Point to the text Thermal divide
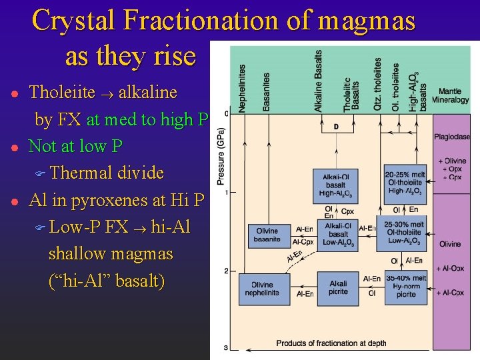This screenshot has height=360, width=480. pos(106,173)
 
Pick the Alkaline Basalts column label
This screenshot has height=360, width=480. pos(319,81)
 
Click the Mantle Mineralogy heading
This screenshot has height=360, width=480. pos(451,95)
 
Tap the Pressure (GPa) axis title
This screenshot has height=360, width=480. pos(221,157)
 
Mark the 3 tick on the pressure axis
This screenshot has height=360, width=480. pos(226,347)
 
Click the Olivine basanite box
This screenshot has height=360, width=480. pos(267,235)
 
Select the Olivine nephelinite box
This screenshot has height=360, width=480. pos(261,289)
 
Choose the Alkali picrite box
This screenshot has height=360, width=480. pos(338,288)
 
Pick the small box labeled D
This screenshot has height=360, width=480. pos(336,127)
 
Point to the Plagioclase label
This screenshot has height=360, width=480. pos(452,137)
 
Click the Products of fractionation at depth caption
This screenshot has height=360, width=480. pos(331,343)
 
